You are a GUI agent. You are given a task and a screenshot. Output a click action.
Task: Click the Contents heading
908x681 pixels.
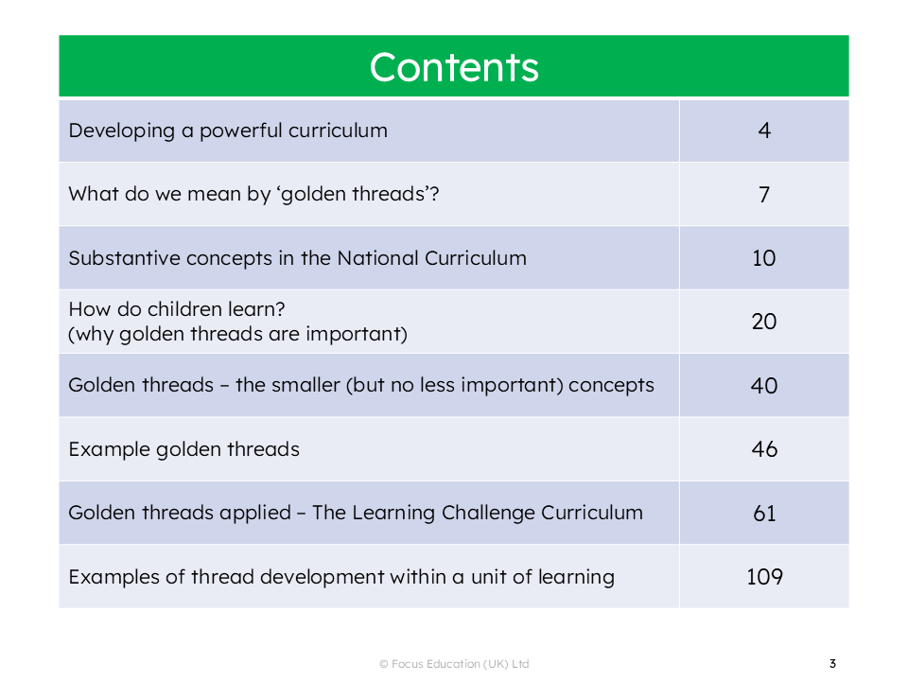(x=454, y=67)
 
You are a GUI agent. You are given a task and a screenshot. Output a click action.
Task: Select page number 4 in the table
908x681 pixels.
(x=764, y=131)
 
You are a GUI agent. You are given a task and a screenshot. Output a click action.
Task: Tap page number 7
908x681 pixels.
(x=764, y=195)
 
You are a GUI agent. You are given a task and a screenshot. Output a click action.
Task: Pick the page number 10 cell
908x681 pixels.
(x=764, y=257)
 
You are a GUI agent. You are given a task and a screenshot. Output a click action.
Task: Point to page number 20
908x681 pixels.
(x=764, y=322)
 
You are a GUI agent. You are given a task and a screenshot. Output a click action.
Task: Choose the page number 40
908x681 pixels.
(x=764, y=385)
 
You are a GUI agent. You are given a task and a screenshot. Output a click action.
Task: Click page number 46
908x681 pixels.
(x=764, y=448)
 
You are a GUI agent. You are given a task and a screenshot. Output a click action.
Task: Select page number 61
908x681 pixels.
(x=764, y=513)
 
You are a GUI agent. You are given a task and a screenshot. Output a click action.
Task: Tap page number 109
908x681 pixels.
(x=764, y=577)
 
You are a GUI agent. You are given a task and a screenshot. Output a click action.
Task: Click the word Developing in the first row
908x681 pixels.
(x=122, y=131)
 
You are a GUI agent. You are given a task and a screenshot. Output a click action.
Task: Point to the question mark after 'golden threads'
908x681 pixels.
(x=434, y=193)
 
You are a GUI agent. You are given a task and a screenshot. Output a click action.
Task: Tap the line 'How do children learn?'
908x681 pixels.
(x=177, y=309)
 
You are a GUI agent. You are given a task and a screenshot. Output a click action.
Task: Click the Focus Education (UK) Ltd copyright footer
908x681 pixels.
(x=454, y=664)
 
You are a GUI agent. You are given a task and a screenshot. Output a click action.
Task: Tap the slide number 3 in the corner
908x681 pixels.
(x=832, y=664)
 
